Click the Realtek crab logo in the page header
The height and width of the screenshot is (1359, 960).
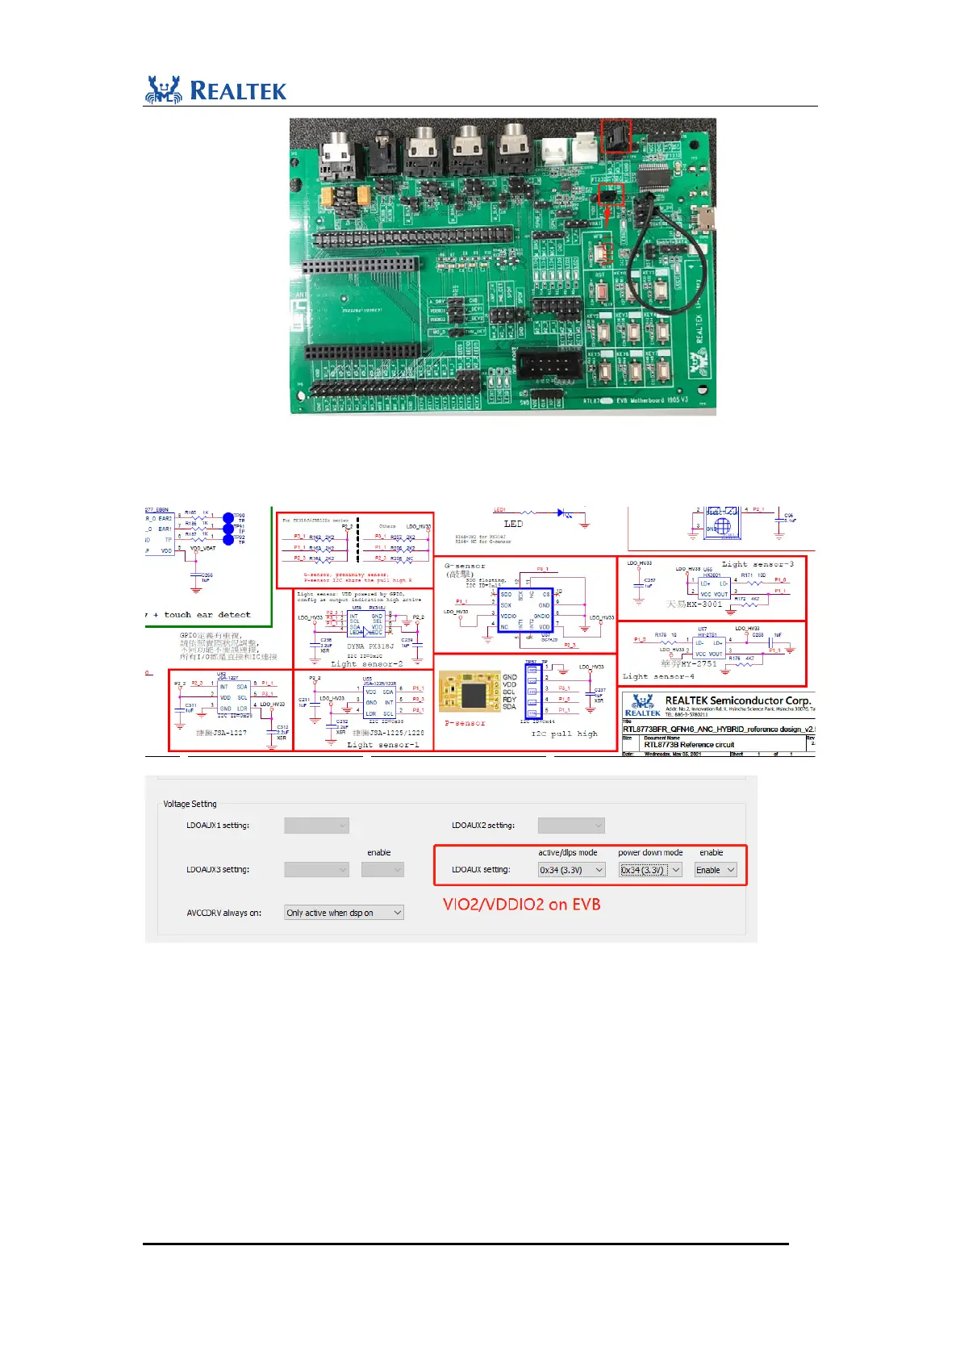(164, 90)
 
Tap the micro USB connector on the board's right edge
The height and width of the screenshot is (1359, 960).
(707, 216)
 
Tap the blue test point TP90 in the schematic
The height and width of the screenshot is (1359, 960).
(228, 517)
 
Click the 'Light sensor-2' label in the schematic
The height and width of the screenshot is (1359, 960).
(366, 663)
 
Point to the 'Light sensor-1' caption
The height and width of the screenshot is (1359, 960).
(383, 744)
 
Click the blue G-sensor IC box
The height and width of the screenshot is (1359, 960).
(524, 611)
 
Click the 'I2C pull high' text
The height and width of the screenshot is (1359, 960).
(564, 734)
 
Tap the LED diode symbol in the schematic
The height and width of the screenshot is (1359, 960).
(561, 512)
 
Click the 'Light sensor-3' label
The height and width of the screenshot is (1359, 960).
(757, 563)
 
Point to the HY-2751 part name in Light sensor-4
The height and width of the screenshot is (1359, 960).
(699, 663)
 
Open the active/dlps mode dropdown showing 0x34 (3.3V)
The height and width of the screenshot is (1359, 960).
(571, 870)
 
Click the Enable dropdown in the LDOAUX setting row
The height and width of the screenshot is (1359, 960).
(715, 870)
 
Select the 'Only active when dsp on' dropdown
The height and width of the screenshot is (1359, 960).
(344, 913)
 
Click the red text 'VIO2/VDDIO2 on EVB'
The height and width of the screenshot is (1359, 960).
(521, 905)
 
